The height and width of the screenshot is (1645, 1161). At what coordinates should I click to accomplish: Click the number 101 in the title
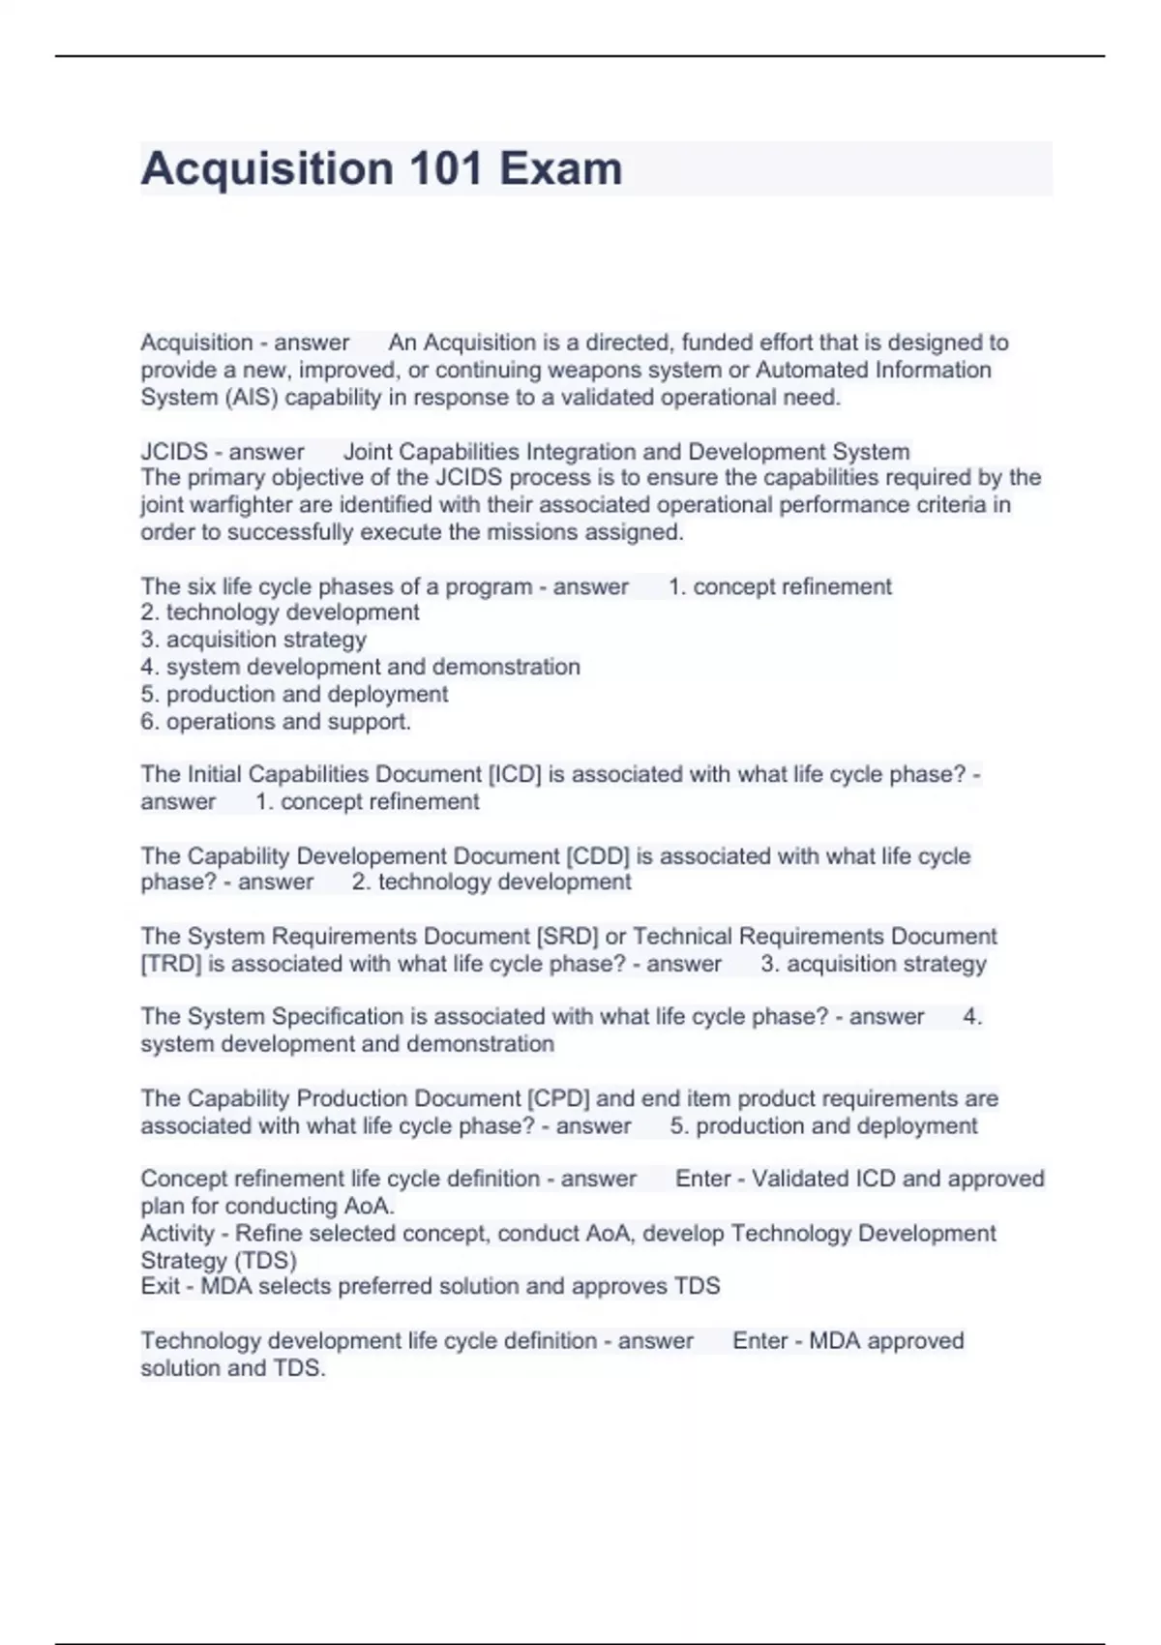446,169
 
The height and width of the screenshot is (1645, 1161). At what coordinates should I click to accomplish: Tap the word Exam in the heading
560,169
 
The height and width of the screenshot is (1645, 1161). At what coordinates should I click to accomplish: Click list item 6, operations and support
276,722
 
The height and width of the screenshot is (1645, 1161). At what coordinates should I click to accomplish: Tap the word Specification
338,1017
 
